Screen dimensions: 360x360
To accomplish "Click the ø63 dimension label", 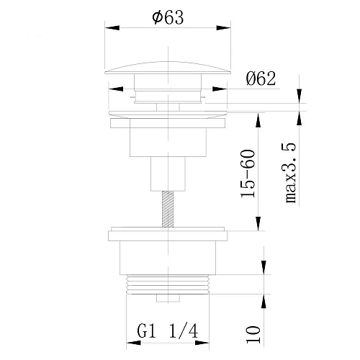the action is [168, 17].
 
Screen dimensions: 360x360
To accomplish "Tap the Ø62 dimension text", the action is [261, 78].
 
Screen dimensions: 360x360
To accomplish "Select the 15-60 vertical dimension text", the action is [248, 174].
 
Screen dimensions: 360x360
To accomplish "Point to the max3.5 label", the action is [291, 173].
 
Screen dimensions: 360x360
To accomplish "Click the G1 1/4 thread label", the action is [168, 331].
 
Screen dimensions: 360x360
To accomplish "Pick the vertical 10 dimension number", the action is [253, 334].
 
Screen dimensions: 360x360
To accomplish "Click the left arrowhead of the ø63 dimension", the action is [112, 27].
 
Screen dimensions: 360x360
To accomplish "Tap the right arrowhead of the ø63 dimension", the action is [223, 27].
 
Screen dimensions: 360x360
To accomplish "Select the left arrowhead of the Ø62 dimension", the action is [116, 89].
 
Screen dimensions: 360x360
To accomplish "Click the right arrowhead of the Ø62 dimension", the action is [220, 89].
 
